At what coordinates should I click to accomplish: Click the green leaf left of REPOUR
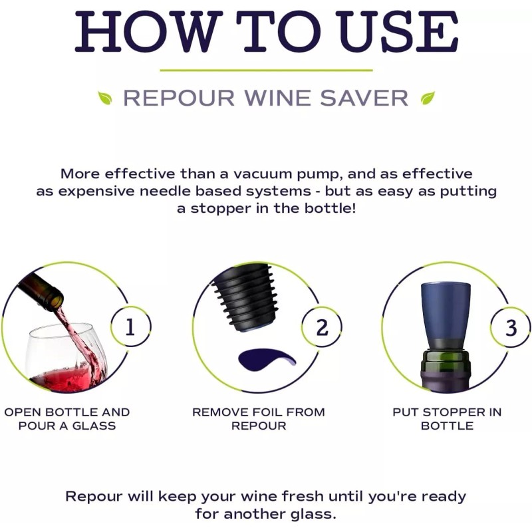[x=105, y=98]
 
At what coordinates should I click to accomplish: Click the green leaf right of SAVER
[x=428, y=98]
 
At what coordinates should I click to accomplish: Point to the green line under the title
[x=266, y=70]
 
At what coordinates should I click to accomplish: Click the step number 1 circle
[x=130, y=327]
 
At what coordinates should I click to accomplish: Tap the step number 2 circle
[x=322, y=327]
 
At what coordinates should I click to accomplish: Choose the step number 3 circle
[x=511, y=327]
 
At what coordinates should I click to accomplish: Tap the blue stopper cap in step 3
[x=446, y=313]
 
